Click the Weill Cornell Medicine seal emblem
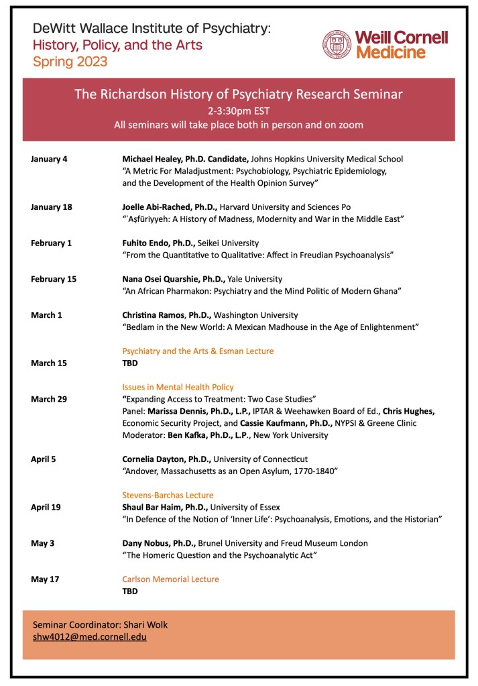[x=337, y=44]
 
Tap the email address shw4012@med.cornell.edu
[x=89, y=637]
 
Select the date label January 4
[x=49, y=160]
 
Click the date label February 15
[x=54, y=279]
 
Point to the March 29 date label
[x=49, y=400]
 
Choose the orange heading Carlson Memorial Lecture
[x=170, y=579]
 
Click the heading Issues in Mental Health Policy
[x=178, y=387]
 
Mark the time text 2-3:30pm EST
[x=239, y=111]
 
